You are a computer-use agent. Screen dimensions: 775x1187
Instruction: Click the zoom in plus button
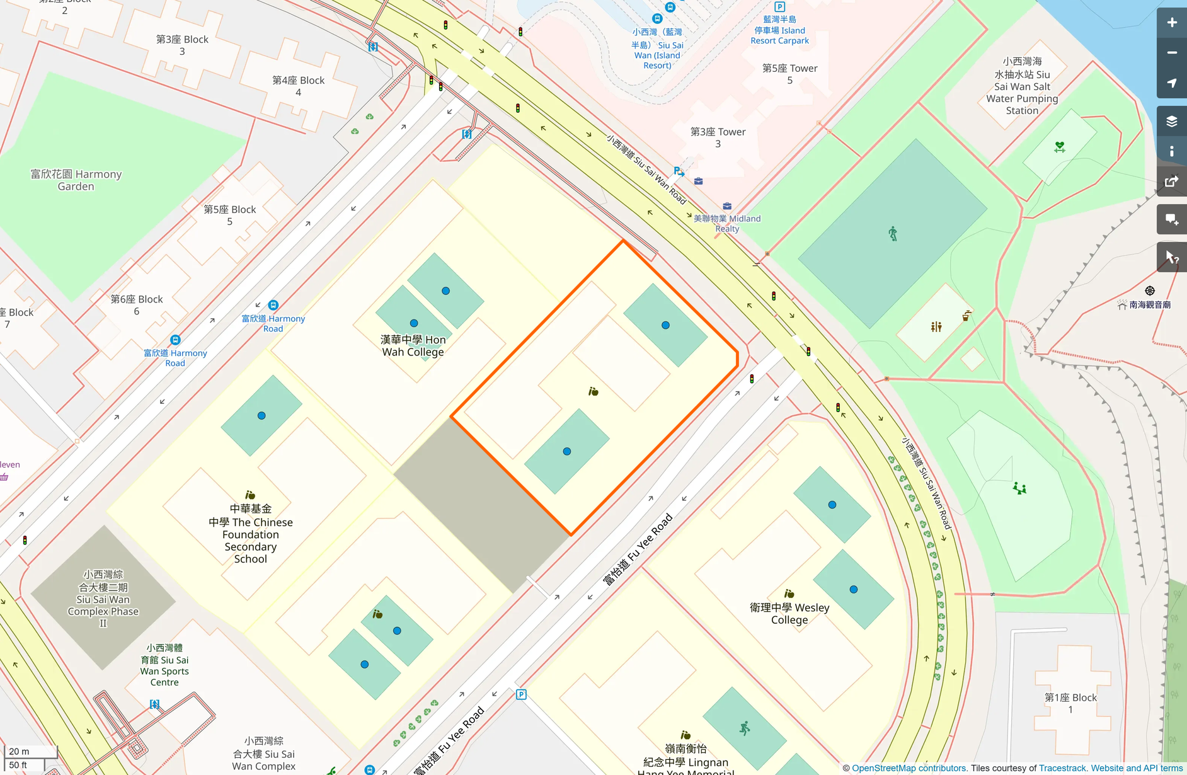click(x=1171, y=23)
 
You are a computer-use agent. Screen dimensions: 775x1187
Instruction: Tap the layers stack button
click(x=1171, y=121)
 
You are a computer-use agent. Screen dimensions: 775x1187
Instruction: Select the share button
click(x=1171, y=182)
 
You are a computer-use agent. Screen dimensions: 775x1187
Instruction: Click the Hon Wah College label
click(x=413, y=346)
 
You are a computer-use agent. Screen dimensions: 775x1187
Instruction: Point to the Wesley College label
click(x=789, y=614)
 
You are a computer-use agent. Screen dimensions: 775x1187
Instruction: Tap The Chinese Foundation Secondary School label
click(x=251, y=534)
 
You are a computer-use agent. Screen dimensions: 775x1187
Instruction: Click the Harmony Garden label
click(x=76, y=180)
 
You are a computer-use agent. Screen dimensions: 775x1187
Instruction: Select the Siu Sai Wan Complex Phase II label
click(x=103, y=599)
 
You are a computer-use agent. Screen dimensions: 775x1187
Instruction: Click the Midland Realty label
click(x=727, y=223)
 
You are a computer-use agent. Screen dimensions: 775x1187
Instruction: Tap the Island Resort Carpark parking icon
click(x=779, y=7)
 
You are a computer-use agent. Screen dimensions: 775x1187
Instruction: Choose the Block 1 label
click(x=1070, y=703)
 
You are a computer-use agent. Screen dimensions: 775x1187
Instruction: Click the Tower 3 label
click(x=718, y=137)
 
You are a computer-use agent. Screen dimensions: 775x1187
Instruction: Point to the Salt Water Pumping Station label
click(x=1022, y=86)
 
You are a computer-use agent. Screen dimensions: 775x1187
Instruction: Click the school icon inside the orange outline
click(x=593, y=392)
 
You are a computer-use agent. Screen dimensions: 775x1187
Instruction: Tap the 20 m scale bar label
click(x=19, y=751)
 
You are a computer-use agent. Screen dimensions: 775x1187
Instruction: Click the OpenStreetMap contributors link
click(x=909, y=768)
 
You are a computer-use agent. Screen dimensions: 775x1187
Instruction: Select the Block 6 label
click(x=137, y=305)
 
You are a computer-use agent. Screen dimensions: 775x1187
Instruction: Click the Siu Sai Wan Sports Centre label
click(x=164, y=665)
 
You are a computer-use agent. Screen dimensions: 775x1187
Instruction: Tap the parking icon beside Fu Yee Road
click(x=521, y=694)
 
